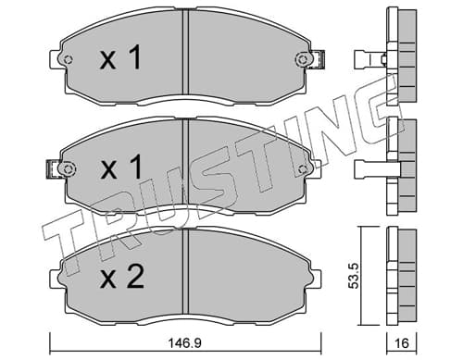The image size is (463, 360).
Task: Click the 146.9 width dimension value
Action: click(184, 342)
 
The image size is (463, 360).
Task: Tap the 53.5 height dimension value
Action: click(353, 276)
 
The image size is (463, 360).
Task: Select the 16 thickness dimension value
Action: click(402, 342)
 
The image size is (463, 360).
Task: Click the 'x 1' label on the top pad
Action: click(120, 57)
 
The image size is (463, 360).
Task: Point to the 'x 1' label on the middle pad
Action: click(121, 167)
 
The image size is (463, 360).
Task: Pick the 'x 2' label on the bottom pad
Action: click(122, 277)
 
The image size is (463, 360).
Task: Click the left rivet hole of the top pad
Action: click(68, 59)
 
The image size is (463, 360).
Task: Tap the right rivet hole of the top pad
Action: click(302, 59)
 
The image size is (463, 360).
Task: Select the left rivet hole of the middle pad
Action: click(68, 168)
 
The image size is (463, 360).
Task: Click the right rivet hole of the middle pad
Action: click(303, 168)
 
